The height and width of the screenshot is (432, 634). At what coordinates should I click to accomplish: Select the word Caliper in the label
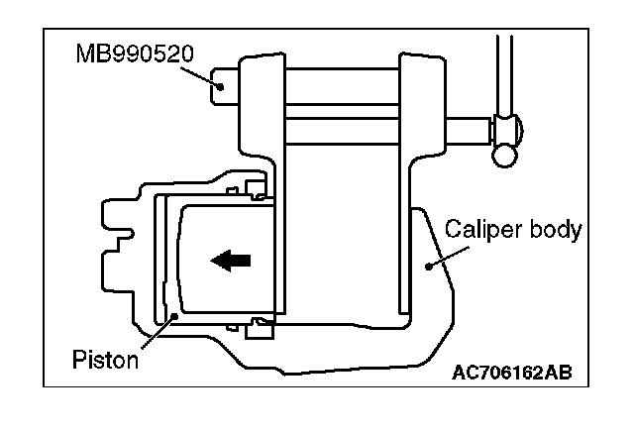point(476,231)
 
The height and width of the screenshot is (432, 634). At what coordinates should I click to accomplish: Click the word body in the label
point(554,232)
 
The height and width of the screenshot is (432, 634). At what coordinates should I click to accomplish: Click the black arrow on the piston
point(232,261)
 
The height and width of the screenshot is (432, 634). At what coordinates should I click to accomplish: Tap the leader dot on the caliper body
point(427,265)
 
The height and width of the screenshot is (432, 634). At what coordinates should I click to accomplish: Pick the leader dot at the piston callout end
point(174,314)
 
